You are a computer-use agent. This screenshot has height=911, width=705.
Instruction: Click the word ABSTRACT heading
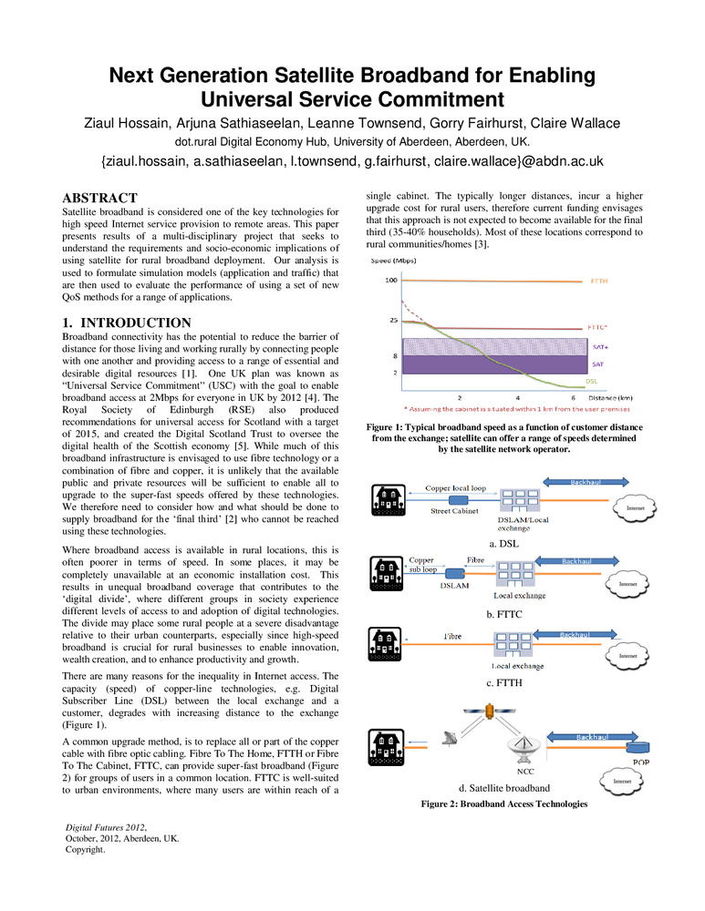coord(99,198)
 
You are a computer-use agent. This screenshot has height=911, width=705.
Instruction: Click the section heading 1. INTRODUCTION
coord(126,322)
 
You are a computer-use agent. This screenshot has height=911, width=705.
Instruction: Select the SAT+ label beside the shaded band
coord(598,346)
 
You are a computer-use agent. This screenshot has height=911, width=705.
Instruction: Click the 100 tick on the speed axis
coord(390,281)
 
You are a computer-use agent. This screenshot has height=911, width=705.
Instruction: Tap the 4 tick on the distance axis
coord(518,397)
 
